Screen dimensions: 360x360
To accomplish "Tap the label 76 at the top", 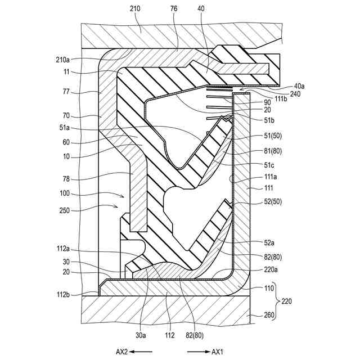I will click(173, 9).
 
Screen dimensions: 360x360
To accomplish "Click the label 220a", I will click(272, 269).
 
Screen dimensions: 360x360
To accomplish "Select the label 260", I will click(269, 315).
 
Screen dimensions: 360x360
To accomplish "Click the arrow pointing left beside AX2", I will click(142, 352).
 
